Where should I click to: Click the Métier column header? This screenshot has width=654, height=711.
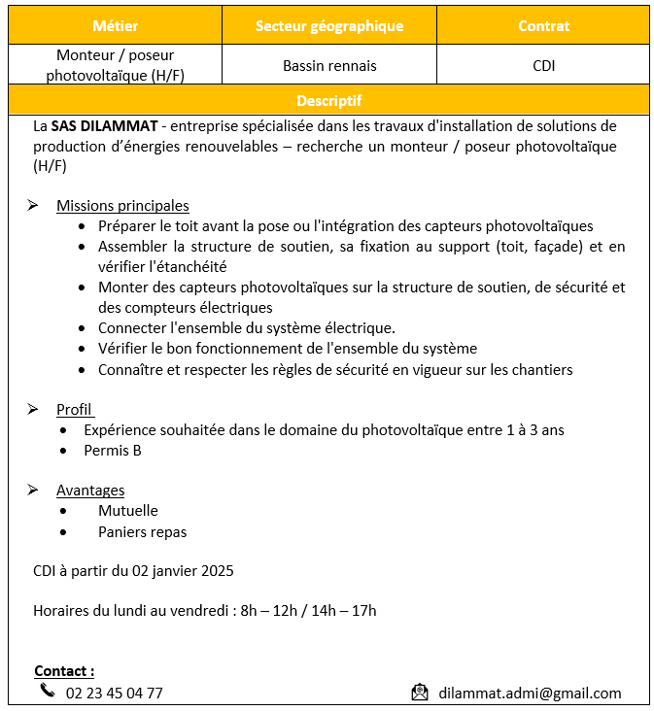[116, 26]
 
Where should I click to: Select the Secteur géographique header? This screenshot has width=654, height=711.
[329, 26]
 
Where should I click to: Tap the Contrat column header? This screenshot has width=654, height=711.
[543, 26]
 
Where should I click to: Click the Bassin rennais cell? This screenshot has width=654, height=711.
[329, 66]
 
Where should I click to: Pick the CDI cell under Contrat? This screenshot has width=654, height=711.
[543, 66]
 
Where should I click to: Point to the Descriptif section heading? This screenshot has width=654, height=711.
[328, 100]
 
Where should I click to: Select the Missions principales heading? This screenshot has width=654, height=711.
[122, 206]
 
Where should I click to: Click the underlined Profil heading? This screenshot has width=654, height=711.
[74, 410]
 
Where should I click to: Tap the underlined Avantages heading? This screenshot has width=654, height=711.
[90, 491]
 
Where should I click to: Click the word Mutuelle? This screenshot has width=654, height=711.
[127, 511]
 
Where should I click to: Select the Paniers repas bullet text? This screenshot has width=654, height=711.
[142, 532]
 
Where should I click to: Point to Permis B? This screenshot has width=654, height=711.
[113, 451]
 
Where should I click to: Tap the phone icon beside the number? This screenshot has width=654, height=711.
[48, 691]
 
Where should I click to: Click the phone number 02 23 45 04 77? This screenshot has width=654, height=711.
[114, 694]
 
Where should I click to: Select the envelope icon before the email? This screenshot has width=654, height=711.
[420, 693]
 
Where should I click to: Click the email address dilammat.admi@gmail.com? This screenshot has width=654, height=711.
[530, 694]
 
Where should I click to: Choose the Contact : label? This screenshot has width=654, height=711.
[64, 671]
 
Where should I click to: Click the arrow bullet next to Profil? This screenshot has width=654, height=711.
[33, 410]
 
